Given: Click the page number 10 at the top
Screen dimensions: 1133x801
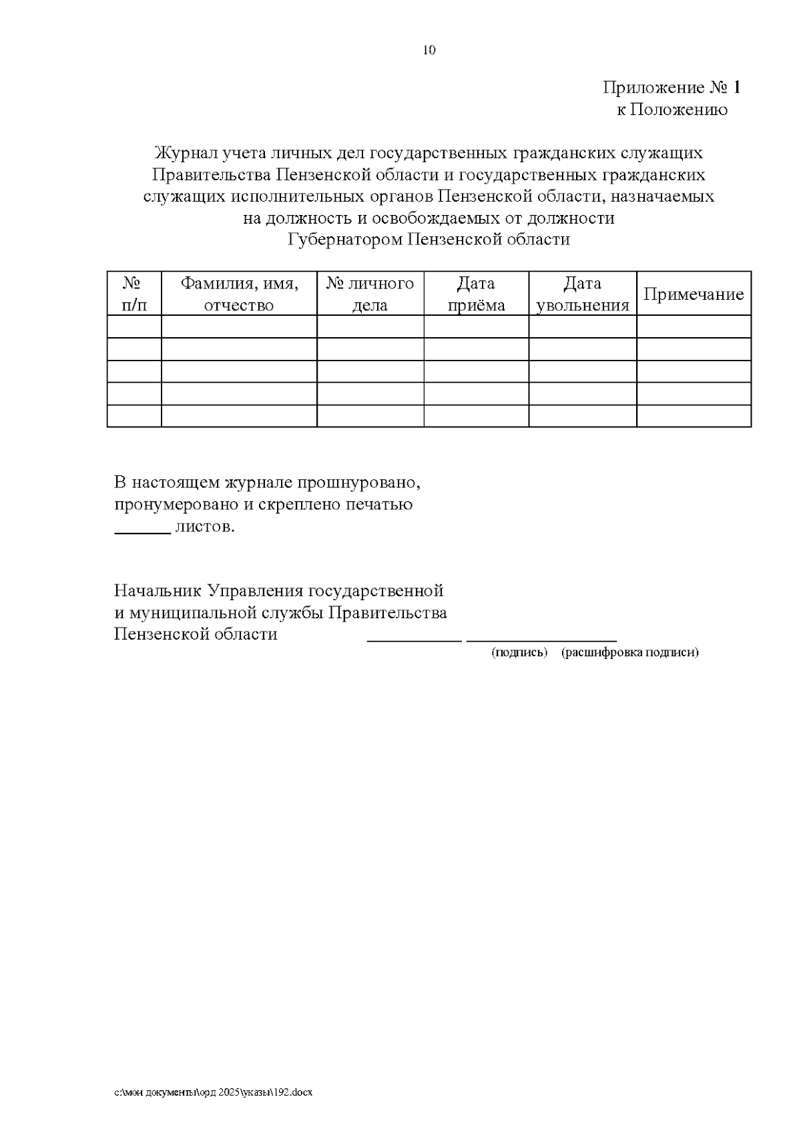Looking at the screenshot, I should coord(429,50).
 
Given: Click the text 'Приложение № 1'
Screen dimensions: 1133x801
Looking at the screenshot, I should coord(672,87).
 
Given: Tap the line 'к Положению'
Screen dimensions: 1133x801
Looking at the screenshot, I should coord(672,109).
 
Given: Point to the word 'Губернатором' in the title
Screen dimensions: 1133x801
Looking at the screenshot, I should coord(345,239).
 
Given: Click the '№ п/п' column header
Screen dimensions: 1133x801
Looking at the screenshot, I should coord(133,294).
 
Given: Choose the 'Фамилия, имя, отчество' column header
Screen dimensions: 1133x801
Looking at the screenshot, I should coord(239,294).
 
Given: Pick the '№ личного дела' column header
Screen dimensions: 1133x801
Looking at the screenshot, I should coord(370,294).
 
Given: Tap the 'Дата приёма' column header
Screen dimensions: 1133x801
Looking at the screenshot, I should coord(476,294).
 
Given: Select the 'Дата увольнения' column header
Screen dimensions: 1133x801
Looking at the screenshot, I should coord(582,294).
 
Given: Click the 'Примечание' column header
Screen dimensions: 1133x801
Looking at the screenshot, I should coord(694,294).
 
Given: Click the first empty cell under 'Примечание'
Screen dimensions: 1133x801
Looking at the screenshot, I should coord(694,326).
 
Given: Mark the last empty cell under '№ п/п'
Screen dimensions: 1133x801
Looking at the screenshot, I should coord(133,415).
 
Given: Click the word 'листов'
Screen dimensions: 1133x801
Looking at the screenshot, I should coord(205,526).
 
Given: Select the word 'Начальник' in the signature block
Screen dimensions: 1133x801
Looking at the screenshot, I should coord(158,591).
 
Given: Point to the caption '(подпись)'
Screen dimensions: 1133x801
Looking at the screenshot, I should coord(519,652).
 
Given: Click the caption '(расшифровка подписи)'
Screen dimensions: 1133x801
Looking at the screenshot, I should coord(630,652).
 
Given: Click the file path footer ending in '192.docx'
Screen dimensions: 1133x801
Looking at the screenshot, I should coord(213,1093).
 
